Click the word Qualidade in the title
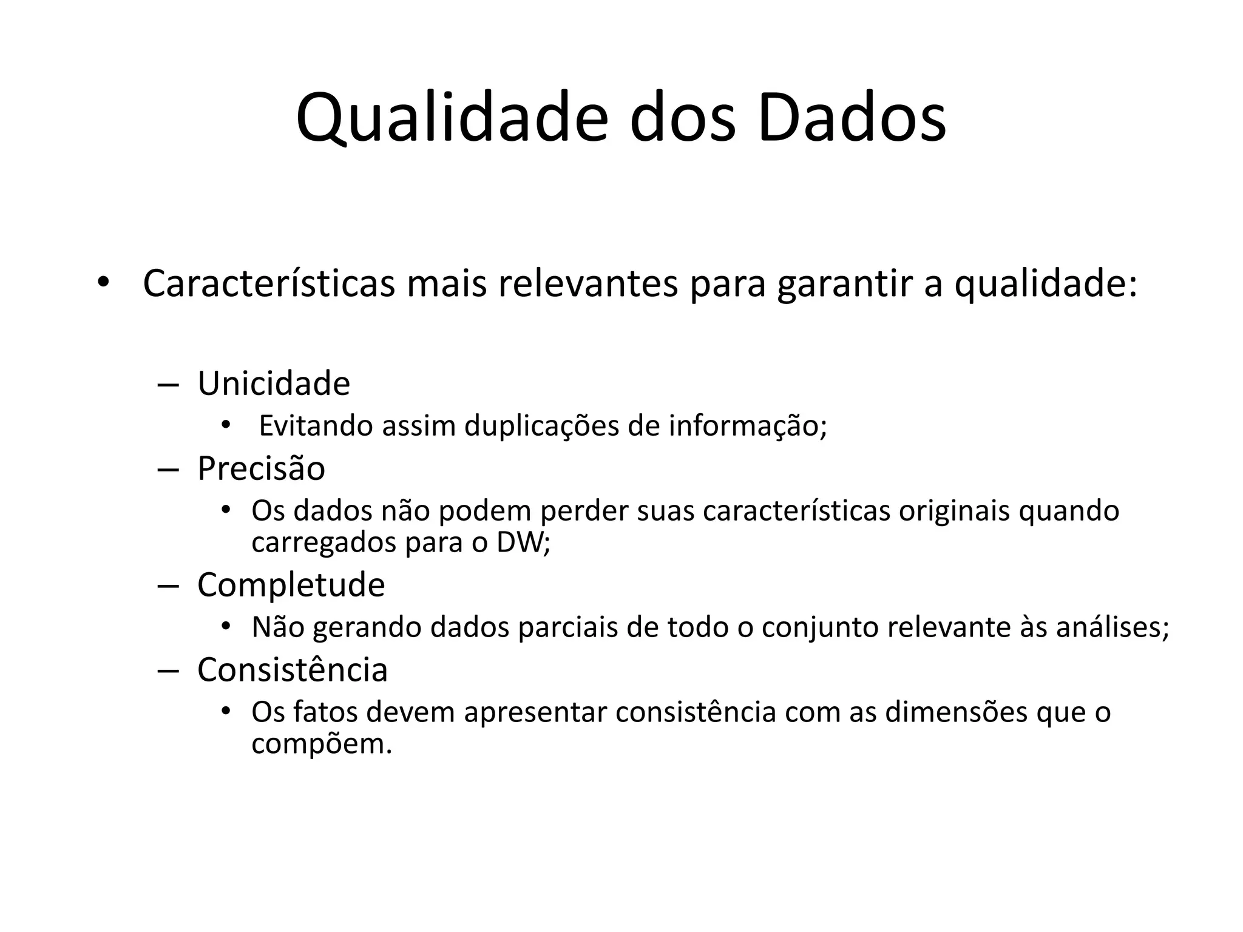pyautogui.click(x=452, y=118)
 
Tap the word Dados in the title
pyautogui.click(x=852, y=118)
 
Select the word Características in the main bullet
pyautogui.click(x=268, y=283)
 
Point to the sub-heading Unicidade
pyautogui.click(x=274, y=383)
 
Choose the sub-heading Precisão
pyautogui.click(x=261, y=468)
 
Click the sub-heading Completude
pyautogui.click(x=291, y=585)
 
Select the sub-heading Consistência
pyautogui.click(x=292, y=670)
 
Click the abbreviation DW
pyautogui.click(x=520, y=542)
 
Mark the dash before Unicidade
pyautogui.click(x=167, y=385)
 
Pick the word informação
pyautogui.click(x=747, y=426)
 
